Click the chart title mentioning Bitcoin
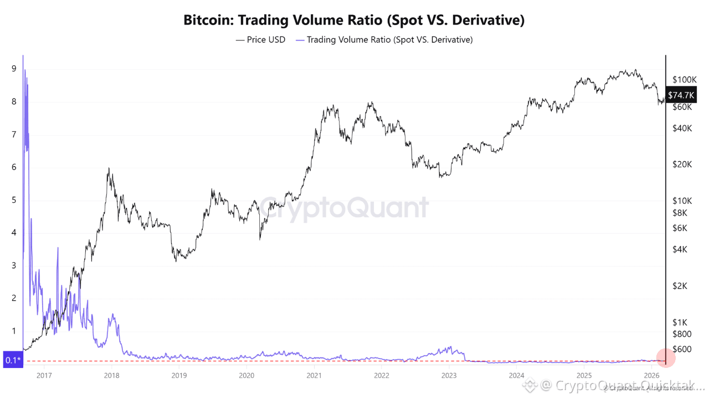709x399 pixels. [x=354, y=21]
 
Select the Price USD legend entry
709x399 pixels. [x=260, y=40]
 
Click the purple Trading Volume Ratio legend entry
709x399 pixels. [x=384, y=40]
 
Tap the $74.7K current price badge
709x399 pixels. [x=681, y=95]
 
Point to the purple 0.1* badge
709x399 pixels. [x=13, y=361]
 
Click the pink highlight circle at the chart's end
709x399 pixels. [x=665, y=358]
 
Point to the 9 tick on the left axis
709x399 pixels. [x=13, y=69]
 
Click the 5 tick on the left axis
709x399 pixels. [x=13, y=200]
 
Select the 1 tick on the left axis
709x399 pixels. [x=13, y=331]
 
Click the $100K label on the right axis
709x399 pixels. [x=683, y=80]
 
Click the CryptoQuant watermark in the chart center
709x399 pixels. [x=344, y=208]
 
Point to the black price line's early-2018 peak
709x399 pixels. [x=109, y=168]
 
